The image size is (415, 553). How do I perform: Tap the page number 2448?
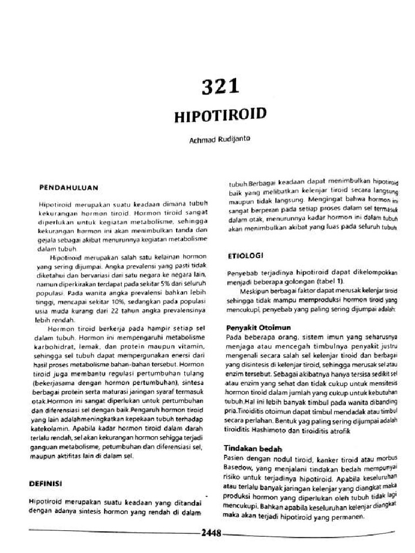point(211,534)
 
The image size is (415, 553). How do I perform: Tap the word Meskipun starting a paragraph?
point(254,289)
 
